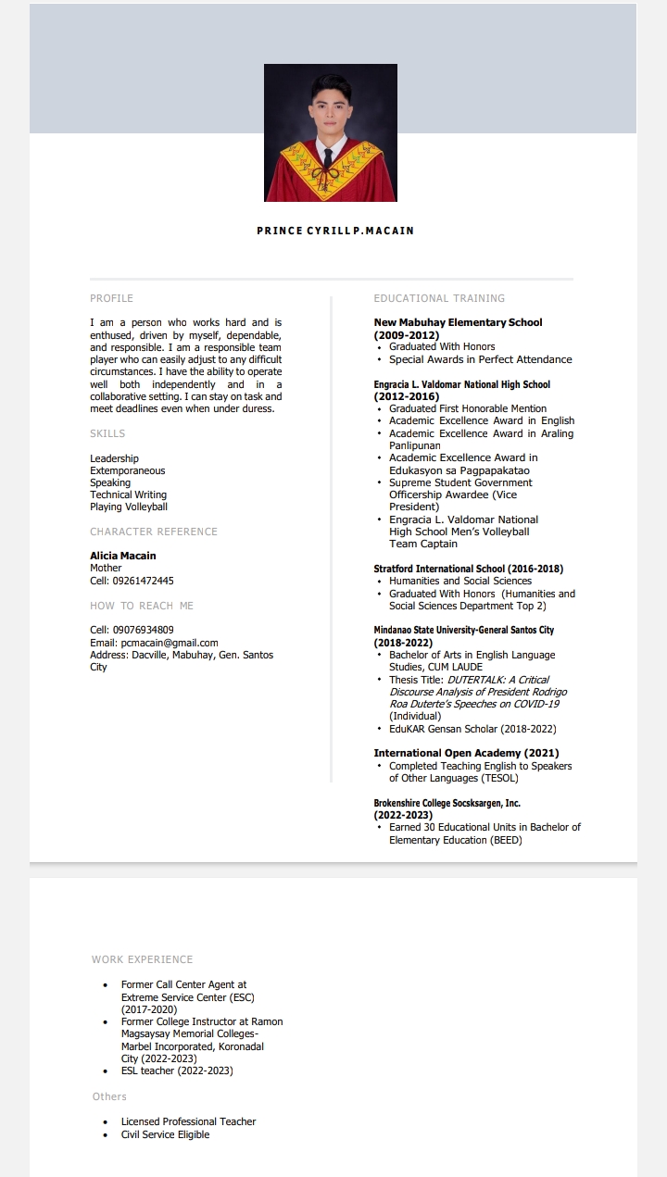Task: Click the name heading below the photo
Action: pyautogui.click(x=335, y=231)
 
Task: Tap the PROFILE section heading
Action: pyautogui.click(x=111, y=298)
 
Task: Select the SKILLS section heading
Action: pyautogui.click(x=107, y=433)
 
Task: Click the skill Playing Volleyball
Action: pyautogui.click(x=129, y=507)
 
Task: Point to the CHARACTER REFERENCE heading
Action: pyautogui.click(x=154, y=532)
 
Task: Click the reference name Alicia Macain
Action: pyautogui.click(x=123, y=556)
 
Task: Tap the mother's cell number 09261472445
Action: pyautogui.click(x=143, y=581)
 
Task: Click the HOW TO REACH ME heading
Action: pyautogui.click(x=142, y=606)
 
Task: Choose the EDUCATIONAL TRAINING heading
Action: pyautogui.click(x=439, y=298)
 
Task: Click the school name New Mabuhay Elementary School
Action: pyautogui.click(x=458, y=322)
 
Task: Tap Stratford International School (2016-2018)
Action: pyautogui.click(x=469, y=569)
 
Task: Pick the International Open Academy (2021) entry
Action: pyautogui.click(x=466, y=753)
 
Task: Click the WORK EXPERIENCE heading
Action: pyautogui.click(x=142, y=959)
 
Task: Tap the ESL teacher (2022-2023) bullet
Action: pyautogui.click(x=177, y=1071)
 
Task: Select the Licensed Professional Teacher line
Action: pyautogui.click(x=188, y=1121)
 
